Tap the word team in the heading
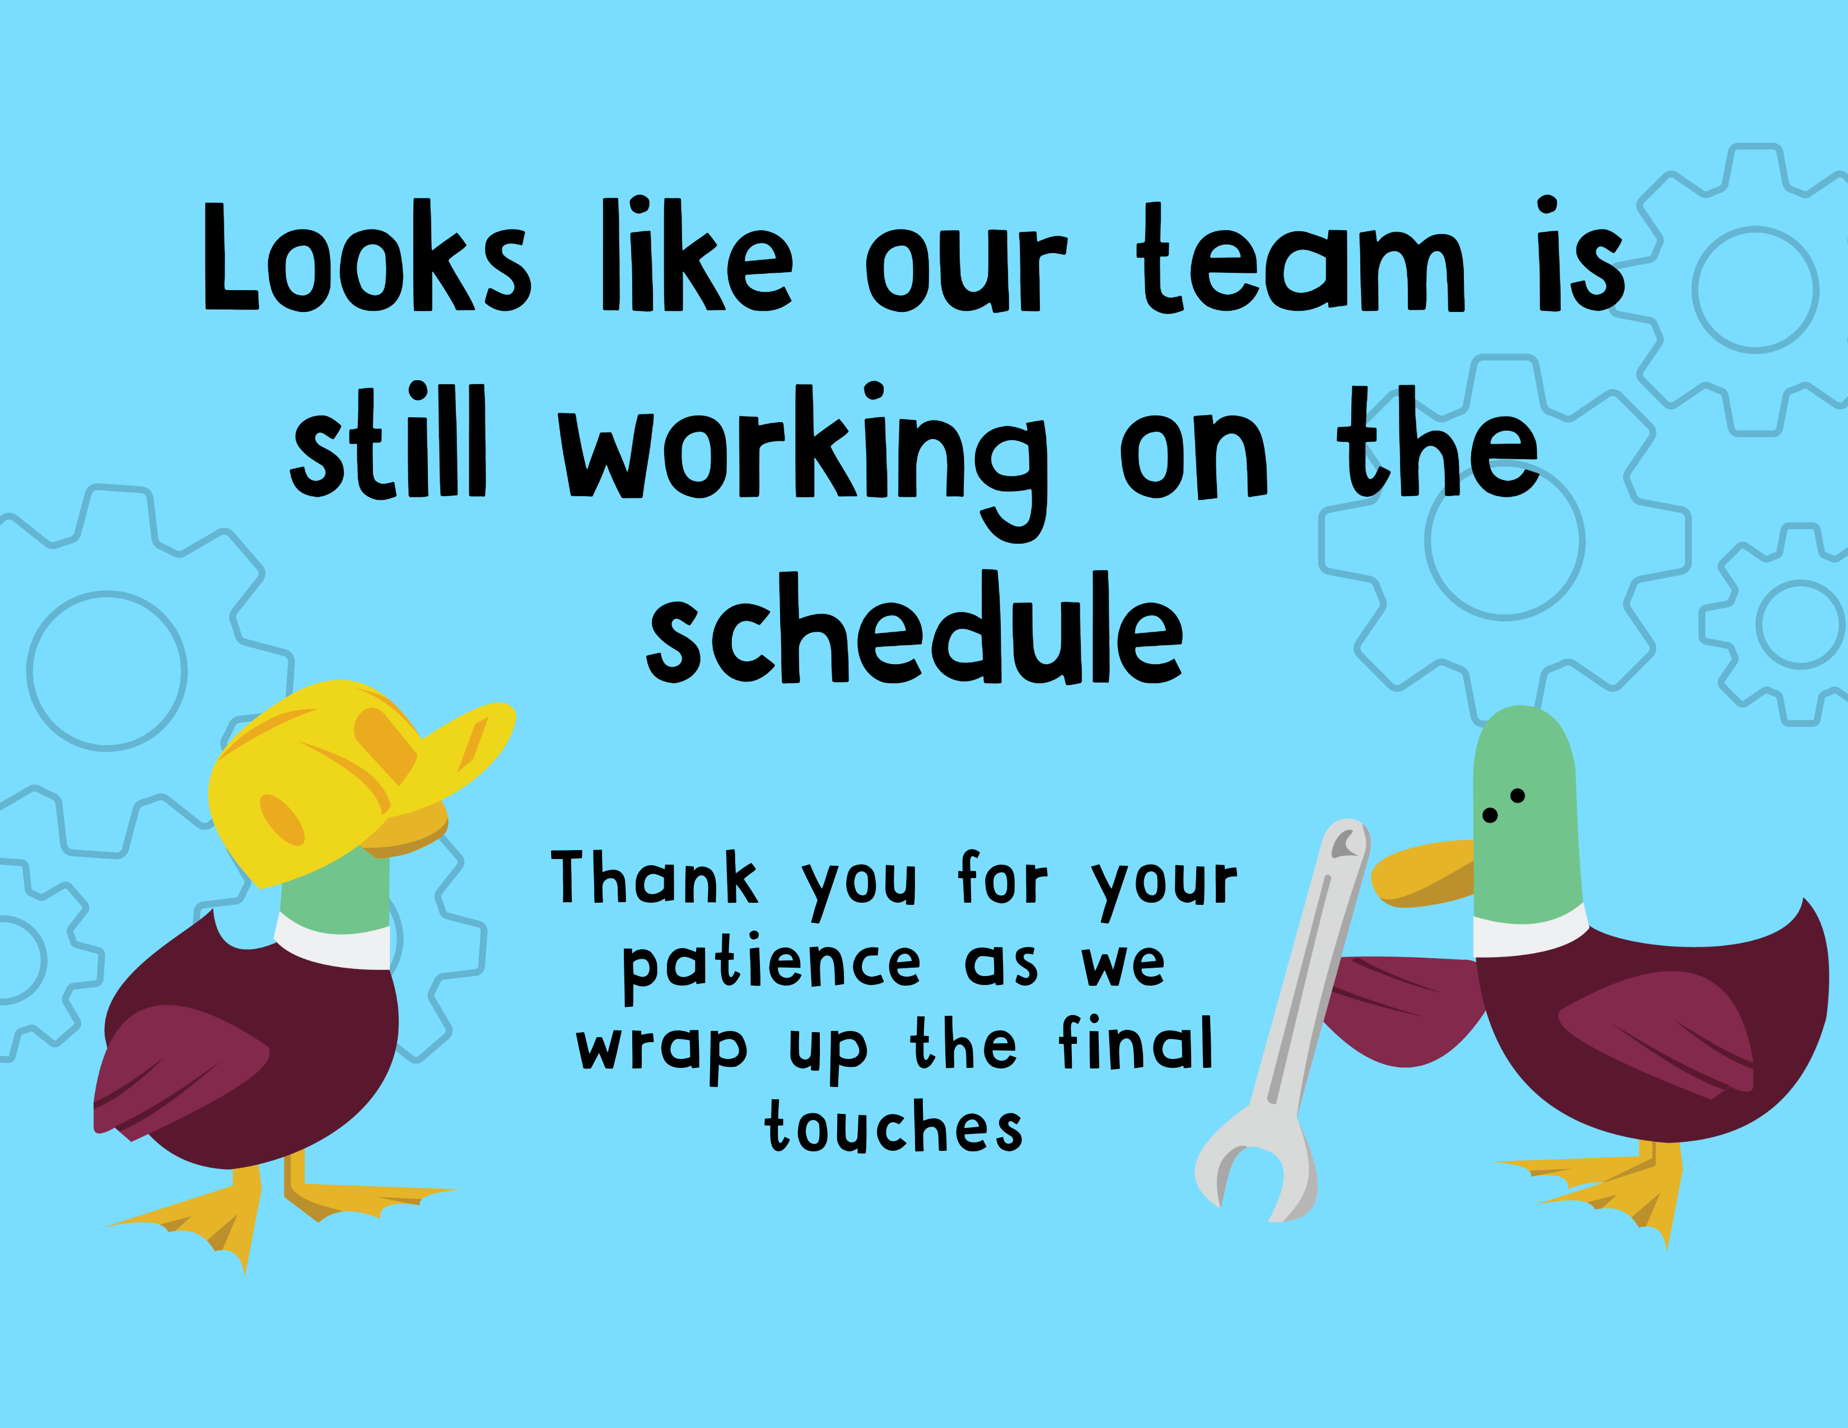(1300, 258)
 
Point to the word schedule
(914, 628)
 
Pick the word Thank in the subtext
(654, 878)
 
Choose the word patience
(771, 967)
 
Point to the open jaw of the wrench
(1252, 1180)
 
